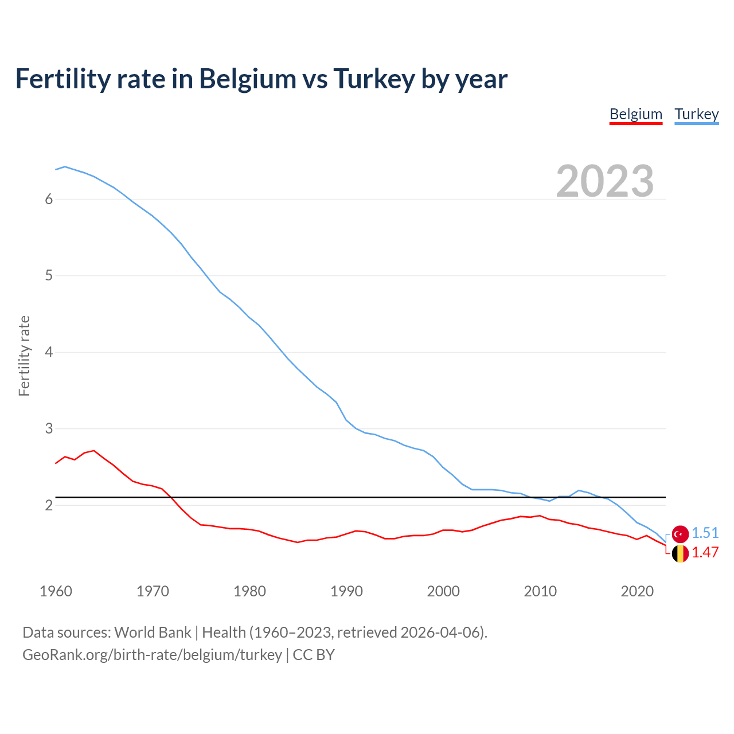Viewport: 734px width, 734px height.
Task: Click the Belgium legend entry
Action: point(635,114)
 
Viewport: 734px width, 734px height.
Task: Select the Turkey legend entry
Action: point(696,114)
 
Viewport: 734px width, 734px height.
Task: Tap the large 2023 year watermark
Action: point(604,181)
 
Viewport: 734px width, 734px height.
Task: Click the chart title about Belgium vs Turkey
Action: point(261,79)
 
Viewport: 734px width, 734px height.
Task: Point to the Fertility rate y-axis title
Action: point(24,356)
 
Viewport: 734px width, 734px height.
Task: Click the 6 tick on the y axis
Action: point(49,199)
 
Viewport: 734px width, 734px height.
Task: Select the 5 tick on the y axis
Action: point(49,276)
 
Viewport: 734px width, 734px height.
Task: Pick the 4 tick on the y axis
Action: point(49,352)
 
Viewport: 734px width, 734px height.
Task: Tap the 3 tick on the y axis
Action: point(49,428)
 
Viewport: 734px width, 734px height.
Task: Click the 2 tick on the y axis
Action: point(49,505)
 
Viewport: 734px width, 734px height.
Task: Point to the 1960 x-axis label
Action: point(56,591)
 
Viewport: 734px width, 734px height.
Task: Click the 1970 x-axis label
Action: point(153,591)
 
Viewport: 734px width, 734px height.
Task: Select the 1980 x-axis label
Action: point(249,591)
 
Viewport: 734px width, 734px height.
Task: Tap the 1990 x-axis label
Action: point(346,591)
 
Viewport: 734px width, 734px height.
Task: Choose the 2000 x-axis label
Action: point(443,591)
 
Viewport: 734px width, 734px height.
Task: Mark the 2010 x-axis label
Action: point(540,591)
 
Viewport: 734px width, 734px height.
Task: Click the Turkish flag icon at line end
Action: point(680,534)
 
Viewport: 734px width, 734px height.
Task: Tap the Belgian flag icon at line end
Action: point(680,553)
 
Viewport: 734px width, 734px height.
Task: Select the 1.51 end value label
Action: point(705,533)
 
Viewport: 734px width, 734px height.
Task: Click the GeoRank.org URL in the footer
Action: point(152,655)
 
